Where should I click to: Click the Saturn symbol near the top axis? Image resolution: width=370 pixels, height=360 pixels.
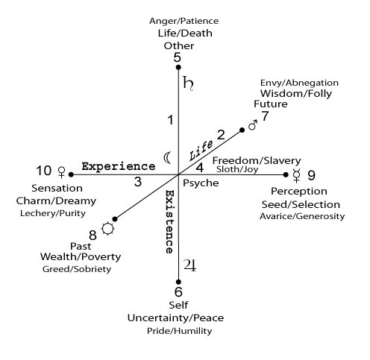(x=188, y=83)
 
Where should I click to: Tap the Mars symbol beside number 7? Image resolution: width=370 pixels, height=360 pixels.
(x=253, y=125)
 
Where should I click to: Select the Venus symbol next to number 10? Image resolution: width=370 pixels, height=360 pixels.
(x=61, y=172)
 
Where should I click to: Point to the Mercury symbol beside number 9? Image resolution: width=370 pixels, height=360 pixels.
(x=296, y=175)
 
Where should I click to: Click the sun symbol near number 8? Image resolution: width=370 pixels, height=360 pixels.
(x=108, y=229)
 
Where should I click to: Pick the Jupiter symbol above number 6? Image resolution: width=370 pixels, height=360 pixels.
(x=190, y=265)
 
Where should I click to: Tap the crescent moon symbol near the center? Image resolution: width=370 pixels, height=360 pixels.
(x=167, y=157)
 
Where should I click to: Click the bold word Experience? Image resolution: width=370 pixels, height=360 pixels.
(x=119, y=166)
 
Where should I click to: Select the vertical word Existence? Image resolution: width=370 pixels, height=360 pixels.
(x=169, y=222)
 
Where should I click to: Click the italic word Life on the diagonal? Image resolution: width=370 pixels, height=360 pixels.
(x=201, y=150)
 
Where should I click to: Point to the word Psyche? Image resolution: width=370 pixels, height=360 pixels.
(x=201, y=183)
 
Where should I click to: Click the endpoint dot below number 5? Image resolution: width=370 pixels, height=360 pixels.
(x=178, y=67)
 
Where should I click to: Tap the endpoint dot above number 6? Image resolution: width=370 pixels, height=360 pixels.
(x=178, y=282)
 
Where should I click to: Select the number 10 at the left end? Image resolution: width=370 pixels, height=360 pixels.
(x=44, y=171)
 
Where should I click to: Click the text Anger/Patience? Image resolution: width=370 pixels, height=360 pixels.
(x=184, y=21)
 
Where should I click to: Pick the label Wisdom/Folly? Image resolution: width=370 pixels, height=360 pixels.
(x=296, y=94)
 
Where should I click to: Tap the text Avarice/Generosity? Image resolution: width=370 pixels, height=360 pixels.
(x=302, y=216)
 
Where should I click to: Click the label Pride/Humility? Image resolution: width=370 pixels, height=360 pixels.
(x=180, y=331)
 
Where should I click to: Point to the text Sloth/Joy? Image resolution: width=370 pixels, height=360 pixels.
(x=237, y=169)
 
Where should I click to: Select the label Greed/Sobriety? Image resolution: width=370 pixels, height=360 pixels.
(x=77, y=269)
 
